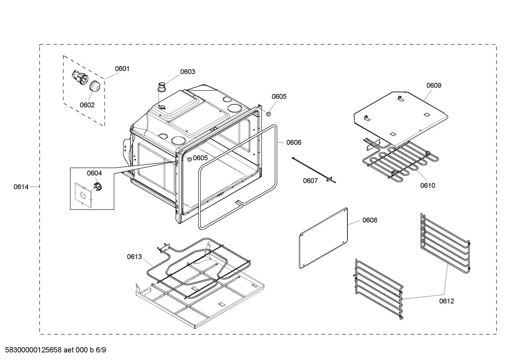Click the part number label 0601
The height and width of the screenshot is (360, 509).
coord(122,69)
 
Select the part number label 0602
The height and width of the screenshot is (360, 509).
coord(87,105)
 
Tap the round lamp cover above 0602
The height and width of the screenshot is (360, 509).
coord(94,86)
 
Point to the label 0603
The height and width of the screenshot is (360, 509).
coord(187,72)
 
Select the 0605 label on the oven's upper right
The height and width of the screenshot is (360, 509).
coord(279,96)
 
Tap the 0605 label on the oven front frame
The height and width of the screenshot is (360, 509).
coord(200,158)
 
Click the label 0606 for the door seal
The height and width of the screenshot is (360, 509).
coord(294,142)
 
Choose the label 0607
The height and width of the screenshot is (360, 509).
coord(310,181)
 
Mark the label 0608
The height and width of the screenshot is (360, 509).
coord(370,220)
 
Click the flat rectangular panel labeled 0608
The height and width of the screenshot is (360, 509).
coord(324,238)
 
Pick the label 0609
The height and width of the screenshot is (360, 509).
coord(433,85)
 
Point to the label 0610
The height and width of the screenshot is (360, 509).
coord(427,185)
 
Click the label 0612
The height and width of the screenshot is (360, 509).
coord(447,301)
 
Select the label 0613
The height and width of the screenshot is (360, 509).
coord(134,257)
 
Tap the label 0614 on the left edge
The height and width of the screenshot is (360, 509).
coord(21,187)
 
